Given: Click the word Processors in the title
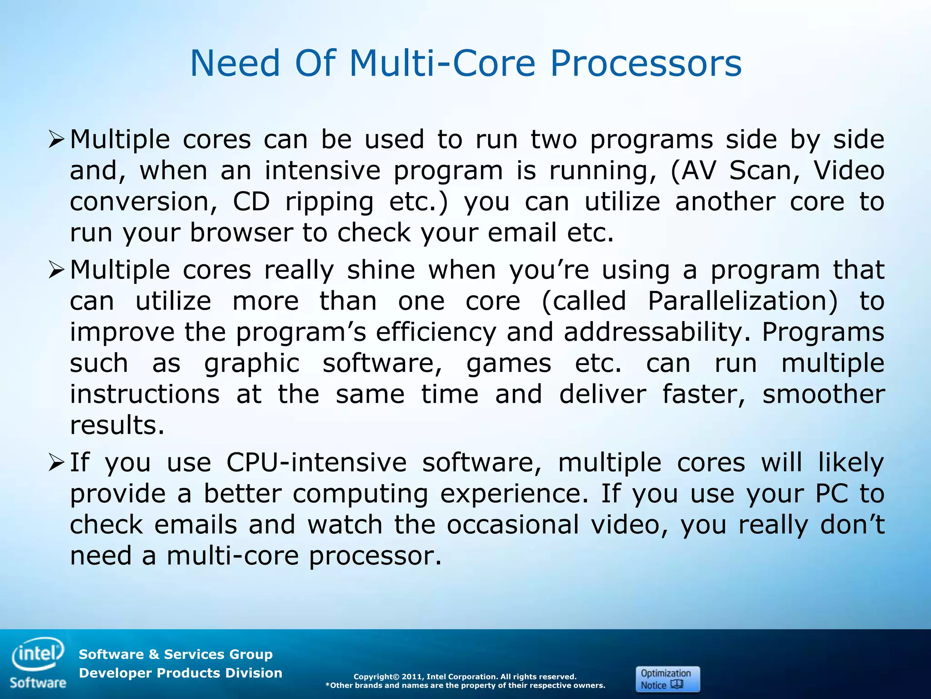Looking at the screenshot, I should pyautogui.click(x=646, y=64).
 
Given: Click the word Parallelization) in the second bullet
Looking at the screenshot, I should pyautogui.click(x=742, y=302).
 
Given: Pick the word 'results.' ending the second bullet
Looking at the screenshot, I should pyautogui.click(x=117, y=425).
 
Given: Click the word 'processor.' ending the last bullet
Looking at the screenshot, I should pyautogui.click(x=375, y=556).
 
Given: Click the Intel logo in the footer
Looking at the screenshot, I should pyautogui.click(x=38, y=653).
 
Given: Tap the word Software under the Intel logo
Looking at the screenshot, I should pyautogui.click(x=38, y=683).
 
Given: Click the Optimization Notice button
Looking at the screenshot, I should pyautogui.click(x=667, y=679).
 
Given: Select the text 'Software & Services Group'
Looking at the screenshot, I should pyautogui.click(x=175, y=654).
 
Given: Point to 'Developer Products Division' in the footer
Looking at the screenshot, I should pyautogui.click(x=180, y=673).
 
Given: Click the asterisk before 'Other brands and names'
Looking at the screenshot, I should pyautogui.click(x=327, y=685).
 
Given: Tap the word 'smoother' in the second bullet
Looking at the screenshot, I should pyautogui.click(x=823, y=395).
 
